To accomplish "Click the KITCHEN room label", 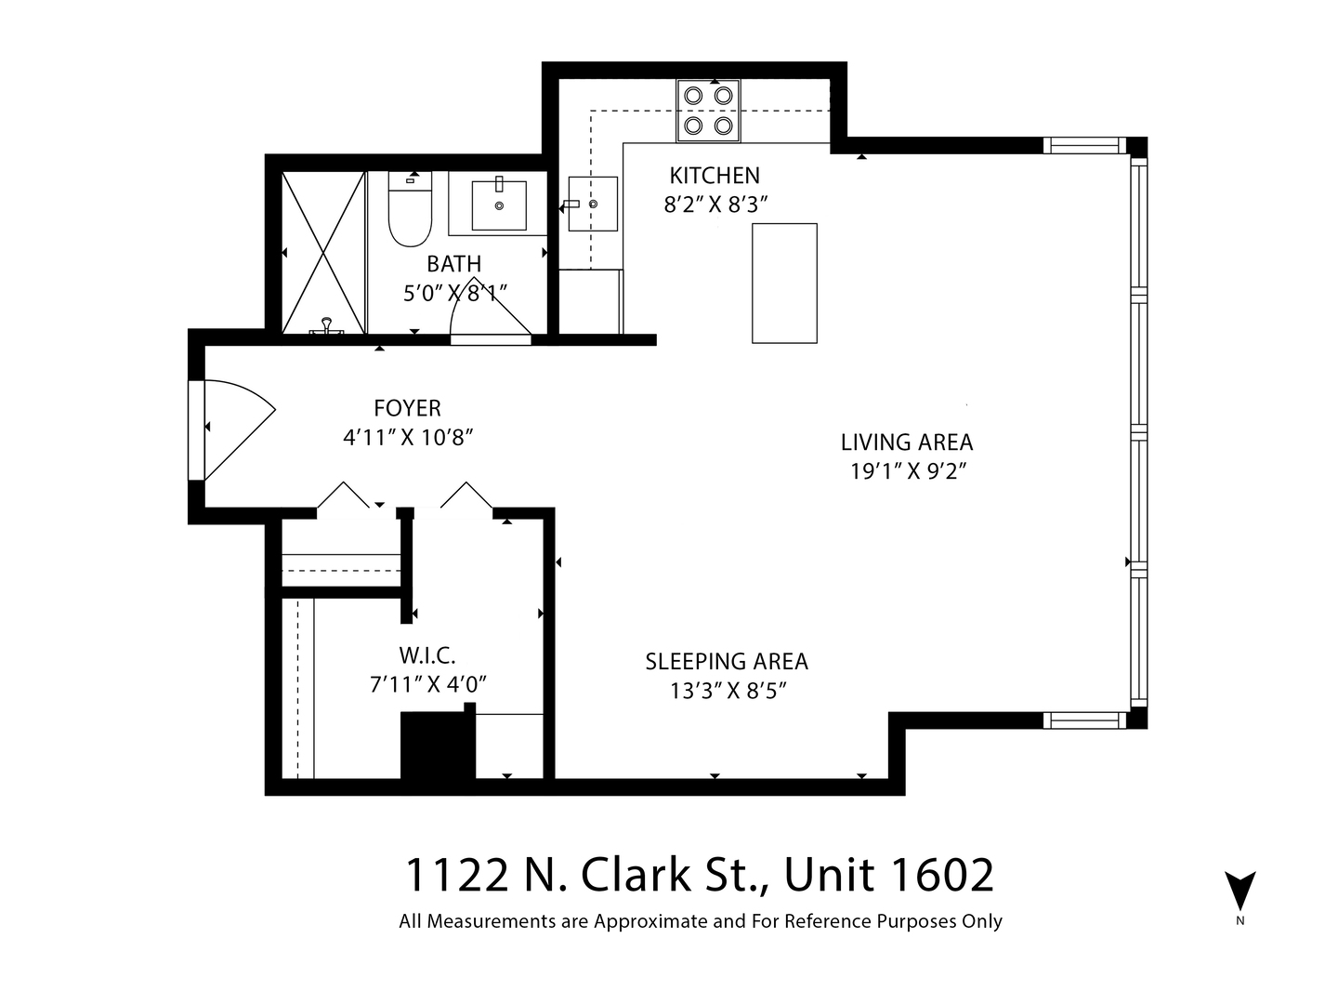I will click(x=715, y=175).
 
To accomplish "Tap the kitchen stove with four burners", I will click(x=708, y=112).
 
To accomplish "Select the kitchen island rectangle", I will click(x=784, y=284).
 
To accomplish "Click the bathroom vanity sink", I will click(x=499, y=205).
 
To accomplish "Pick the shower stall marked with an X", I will click(x=323, y=252).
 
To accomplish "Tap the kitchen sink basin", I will click(x=593, y=204).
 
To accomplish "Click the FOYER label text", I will click(x=407, y=408).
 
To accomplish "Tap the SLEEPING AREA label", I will click(x=727, y=662).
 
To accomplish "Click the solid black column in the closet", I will click(x=437, y=746).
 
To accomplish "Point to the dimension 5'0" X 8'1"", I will click(x=455, y=293).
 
